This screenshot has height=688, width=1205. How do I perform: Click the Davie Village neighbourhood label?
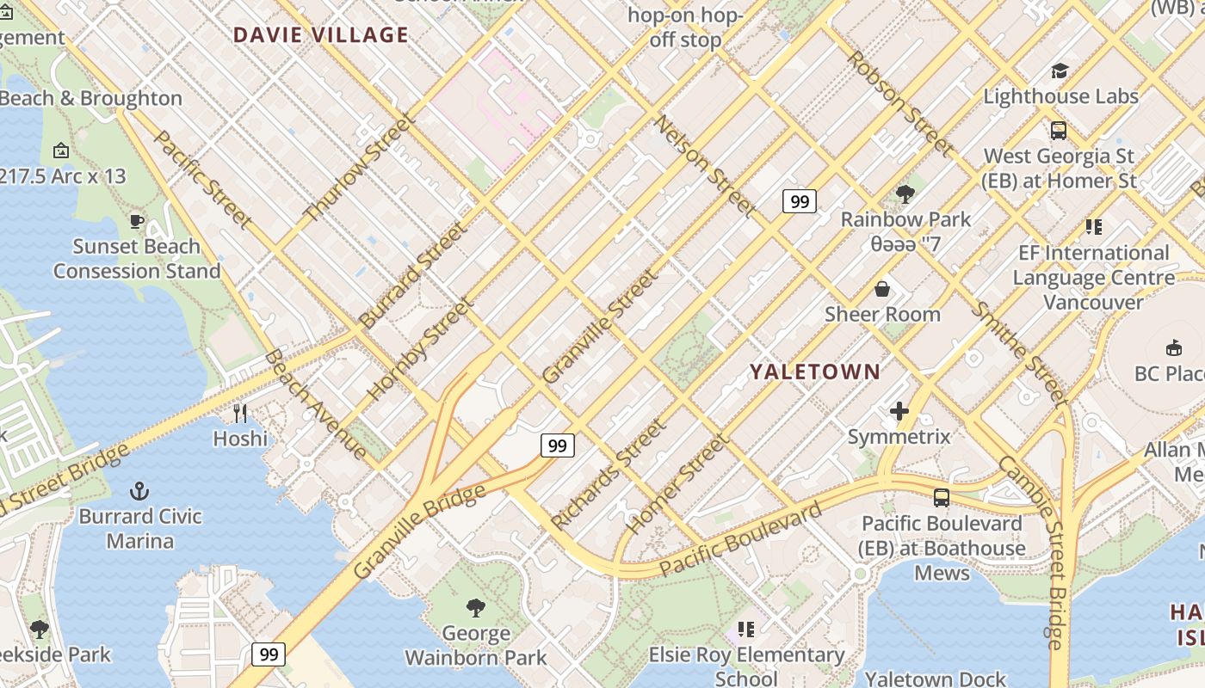321,35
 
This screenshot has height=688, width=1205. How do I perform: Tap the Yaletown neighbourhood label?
814,372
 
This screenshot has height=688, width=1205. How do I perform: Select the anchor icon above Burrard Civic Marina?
139,491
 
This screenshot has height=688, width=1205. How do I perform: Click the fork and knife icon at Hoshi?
240,414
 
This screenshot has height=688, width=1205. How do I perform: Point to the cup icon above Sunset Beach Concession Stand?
136,221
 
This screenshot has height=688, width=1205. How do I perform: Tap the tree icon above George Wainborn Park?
475,608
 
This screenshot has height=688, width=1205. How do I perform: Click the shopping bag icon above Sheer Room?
882,288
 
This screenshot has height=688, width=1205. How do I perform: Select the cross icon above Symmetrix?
899,411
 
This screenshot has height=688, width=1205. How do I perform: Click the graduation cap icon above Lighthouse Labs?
1060,71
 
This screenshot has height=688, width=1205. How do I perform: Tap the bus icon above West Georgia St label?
1059,131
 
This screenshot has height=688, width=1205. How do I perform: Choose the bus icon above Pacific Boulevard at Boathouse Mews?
942,497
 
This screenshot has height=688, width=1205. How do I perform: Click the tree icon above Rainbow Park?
905,193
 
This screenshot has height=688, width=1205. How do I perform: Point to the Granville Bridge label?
419,531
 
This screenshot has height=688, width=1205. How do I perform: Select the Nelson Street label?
705,166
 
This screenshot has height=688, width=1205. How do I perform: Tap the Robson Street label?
899,104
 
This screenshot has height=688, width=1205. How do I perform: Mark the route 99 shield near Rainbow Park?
799,201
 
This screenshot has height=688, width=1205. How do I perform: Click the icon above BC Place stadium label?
1172,347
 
